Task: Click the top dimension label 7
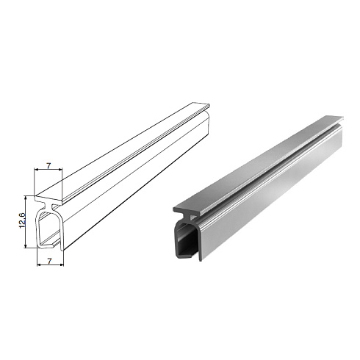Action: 48,166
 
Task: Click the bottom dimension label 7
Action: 49,262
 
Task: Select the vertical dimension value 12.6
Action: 22,220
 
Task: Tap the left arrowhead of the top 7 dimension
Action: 36,169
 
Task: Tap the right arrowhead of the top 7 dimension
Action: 60,169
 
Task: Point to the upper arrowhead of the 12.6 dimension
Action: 26,198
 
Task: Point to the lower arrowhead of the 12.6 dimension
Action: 26,245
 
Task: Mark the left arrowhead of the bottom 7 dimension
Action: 39,264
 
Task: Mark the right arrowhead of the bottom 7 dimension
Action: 62,264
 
